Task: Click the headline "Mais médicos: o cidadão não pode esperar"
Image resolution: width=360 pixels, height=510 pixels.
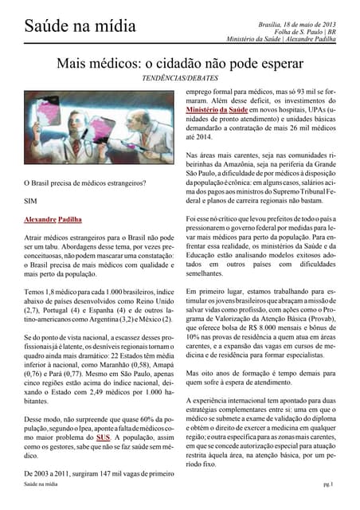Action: pyautogui.click(x=180, y=63)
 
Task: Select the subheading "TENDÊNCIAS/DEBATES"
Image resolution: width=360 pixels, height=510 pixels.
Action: pyautogui.click(x=180, y=81)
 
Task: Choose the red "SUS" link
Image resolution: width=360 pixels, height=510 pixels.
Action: pyautogui.click(x=103, y=437)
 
